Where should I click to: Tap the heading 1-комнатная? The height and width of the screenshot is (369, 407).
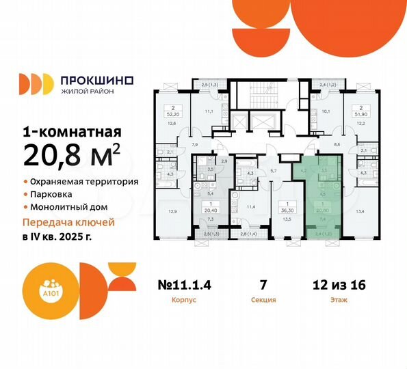pos(73,132)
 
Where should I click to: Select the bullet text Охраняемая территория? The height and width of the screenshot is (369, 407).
pos(84,182)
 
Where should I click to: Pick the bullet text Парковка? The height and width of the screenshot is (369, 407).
pos(53,195)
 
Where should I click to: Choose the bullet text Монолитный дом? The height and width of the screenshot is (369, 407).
pos(70,207)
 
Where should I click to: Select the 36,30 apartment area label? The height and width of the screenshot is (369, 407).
pos(278,210)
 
